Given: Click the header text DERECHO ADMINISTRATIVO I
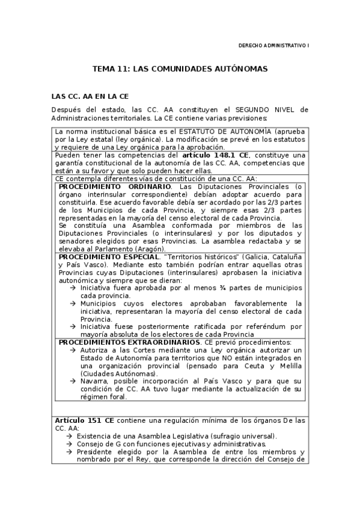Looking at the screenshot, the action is (274, 45).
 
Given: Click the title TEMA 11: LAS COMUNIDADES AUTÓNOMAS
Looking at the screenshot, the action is (180, 69).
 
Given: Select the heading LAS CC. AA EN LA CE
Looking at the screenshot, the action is (90, 96).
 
